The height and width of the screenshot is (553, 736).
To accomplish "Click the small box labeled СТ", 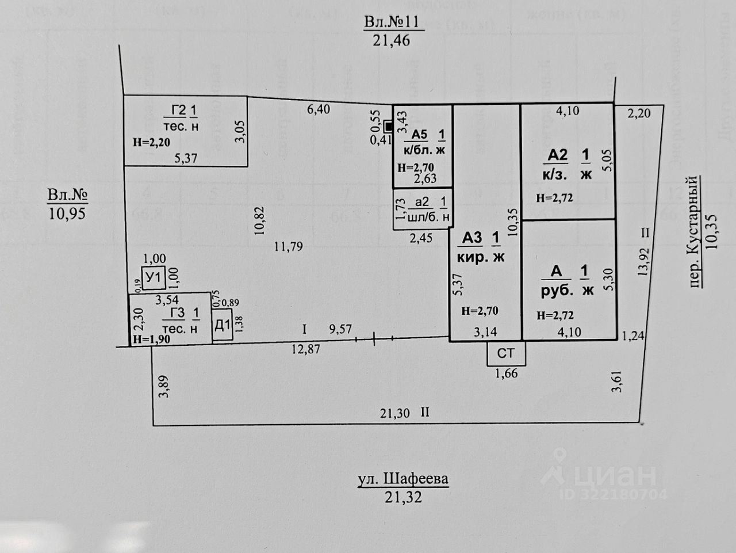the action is click(505, 353).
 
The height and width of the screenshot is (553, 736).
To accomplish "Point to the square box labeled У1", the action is click(153, 279).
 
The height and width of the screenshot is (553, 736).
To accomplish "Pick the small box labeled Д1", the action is click(222, 326).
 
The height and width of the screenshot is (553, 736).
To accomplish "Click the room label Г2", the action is click(179, 110).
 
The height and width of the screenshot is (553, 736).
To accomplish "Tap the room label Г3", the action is click(177, 313).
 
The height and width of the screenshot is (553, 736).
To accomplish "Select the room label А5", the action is click(420, 134).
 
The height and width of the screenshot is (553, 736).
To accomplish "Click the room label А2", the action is click(557, 155).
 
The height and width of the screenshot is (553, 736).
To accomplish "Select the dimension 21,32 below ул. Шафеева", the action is click(403, 497).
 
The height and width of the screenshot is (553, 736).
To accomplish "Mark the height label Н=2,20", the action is click(151, 143).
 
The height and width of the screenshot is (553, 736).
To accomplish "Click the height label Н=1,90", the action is click(151, 340).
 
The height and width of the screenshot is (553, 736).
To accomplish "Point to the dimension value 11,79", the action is click(289, 247).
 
